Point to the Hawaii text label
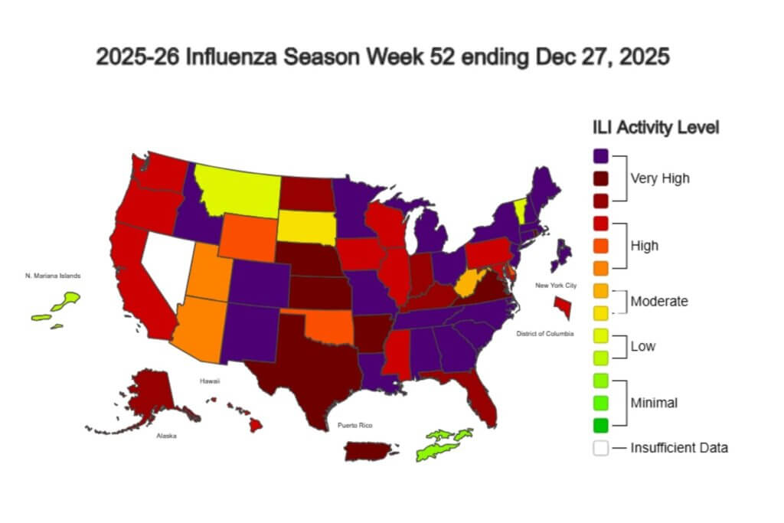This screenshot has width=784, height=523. click(210, 379)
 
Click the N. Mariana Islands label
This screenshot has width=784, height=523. click(52, 276)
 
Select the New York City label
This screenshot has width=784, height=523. click(556, 285)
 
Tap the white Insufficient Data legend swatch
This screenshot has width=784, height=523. click(601, 448)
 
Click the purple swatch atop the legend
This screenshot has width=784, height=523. click(601, 155)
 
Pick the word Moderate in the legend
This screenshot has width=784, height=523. click(658, 301)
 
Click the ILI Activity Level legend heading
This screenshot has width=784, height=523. click(655, 127)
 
